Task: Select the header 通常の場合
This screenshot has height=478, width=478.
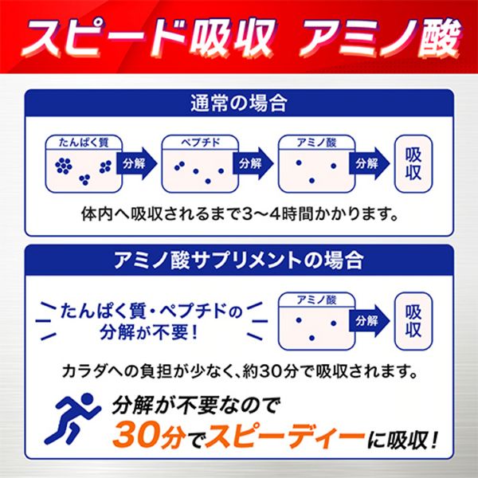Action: tap(239, 104)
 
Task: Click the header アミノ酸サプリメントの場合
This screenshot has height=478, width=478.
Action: tap(239, 261)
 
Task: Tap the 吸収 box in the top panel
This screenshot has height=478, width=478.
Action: tap(413, 163)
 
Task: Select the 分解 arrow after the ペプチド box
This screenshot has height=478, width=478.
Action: tap(249, 163)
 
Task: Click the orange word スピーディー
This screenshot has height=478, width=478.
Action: tap(276, 437)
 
